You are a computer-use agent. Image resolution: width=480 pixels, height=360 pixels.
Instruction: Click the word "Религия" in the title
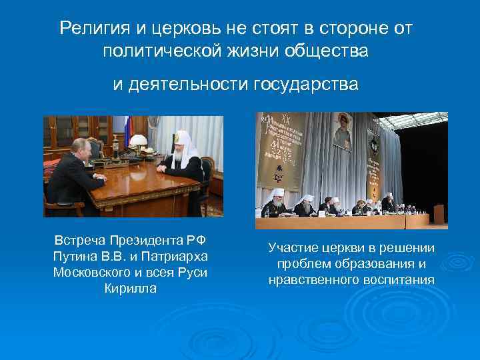click(x=86, y=29)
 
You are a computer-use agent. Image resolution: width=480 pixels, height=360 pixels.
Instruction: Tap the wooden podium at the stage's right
click(x=439, y=215)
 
